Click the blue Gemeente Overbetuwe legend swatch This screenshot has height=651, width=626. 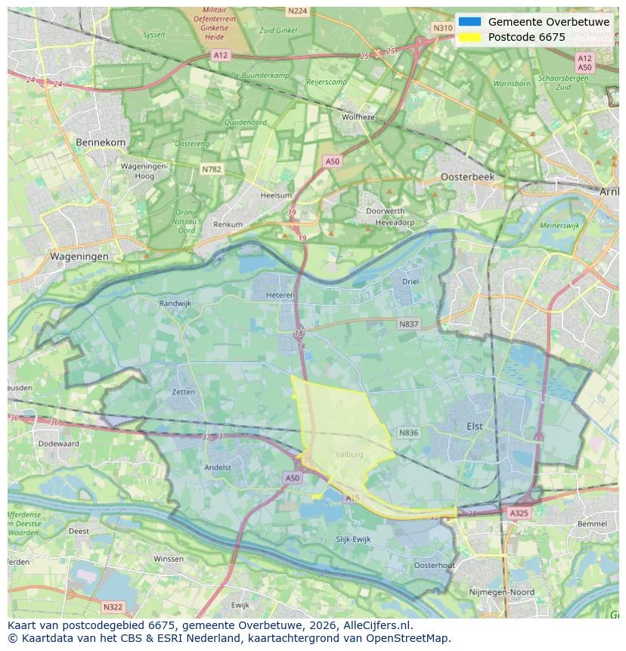click(469, 22)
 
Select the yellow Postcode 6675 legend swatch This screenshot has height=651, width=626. click(469, 37)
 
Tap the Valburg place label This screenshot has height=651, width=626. click(349, 454)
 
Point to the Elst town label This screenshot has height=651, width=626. click(474, 426)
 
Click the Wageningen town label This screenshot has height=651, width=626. click(79, 256)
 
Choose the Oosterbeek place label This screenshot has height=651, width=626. click(467, 176)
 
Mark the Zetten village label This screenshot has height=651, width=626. click(183, 392)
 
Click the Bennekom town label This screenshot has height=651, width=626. click(101, 142)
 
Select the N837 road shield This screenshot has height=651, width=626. click(408, 324)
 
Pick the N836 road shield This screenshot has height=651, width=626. click(408, 432)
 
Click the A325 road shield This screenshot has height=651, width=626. click(519, 513)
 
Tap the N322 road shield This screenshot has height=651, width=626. click(112, 606)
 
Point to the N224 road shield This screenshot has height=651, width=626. click(297, 11)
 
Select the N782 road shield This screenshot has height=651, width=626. click(211, 169)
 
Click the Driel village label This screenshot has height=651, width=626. click(410, 281)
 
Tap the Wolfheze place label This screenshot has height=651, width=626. click(358, 117)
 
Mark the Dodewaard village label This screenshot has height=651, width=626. click(58, 444)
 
